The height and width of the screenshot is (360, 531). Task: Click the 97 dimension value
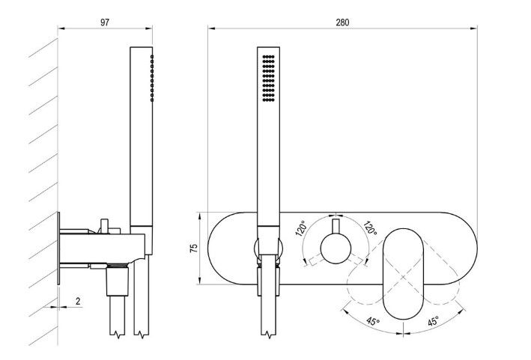point(105,22)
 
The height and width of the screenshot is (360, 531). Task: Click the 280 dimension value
point(342,22)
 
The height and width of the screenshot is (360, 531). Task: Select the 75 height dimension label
point(194,248)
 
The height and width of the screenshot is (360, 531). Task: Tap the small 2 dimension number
point(78,301)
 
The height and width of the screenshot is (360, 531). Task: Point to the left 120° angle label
point(301,228)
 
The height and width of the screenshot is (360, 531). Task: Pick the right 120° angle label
point(370,228)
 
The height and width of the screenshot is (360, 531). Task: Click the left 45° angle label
point(372,321)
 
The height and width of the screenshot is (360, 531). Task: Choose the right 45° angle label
point(433,321)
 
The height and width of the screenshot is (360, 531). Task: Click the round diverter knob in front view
point(336,248)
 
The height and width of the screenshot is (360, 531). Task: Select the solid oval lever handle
point(404,274)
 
